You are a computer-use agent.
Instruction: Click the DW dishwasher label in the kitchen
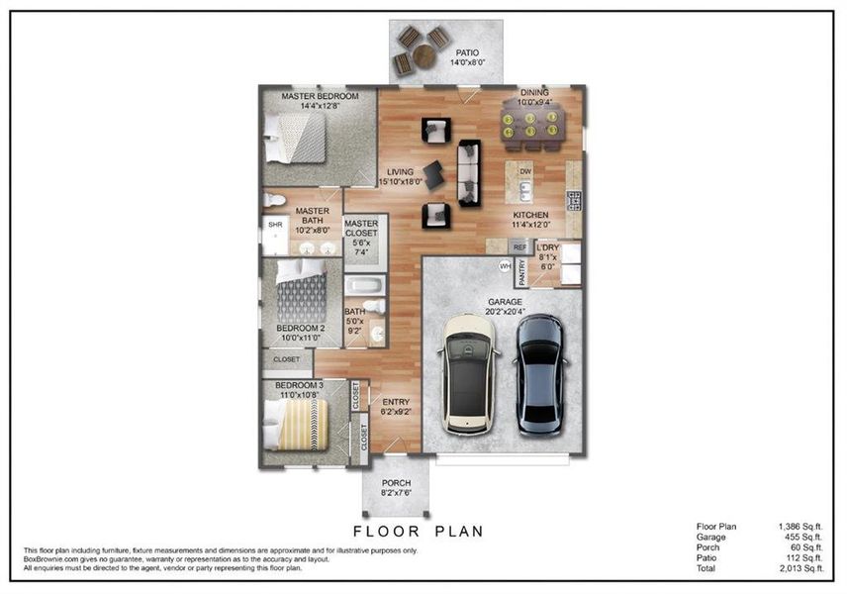[525, 171]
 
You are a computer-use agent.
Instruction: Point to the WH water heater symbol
[505, 265]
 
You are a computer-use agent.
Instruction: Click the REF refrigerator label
[518, 247]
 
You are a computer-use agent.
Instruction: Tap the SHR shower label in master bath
[274, 226]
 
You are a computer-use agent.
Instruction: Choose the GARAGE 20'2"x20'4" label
[504, 307]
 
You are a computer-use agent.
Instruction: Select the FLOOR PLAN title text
[418, 532]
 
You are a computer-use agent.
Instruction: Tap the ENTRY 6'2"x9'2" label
[396, 406]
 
